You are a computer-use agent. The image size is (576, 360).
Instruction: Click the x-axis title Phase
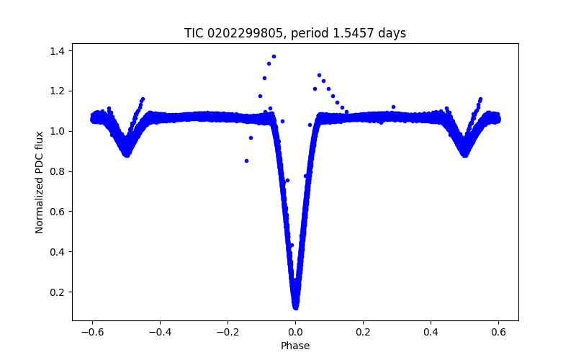pyautogui.click(x=295, y=346)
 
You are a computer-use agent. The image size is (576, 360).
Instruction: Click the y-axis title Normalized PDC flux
pyautogui.click(x=40, y=181)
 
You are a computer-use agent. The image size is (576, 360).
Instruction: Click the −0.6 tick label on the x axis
pyautogui.click(x=91, y=333)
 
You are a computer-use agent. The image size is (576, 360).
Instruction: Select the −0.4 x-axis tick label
pyautogui.click(x=159, y=333)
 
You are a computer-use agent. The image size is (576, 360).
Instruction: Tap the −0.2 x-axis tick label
pyautogui.click(x=227, y=333)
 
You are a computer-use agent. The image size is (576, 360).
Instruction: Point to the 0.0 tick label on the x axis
pyautogui.click(x=295, y=333)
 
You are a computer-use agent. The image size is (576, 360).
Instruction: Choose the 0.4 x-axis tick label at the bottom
pyautogui.click(x=431, y=333)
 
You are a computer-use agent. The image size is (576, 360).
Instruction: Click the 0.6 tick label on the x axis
pyautogui.click(x=498, y=333)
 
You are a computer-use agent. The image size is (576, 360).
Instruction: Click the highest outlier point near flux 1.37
pyautogui.click(x=274, y=56)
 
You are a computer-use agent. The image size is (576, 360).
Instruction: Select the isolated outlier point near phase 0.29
pyautogui.click(x=393, y=107)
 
